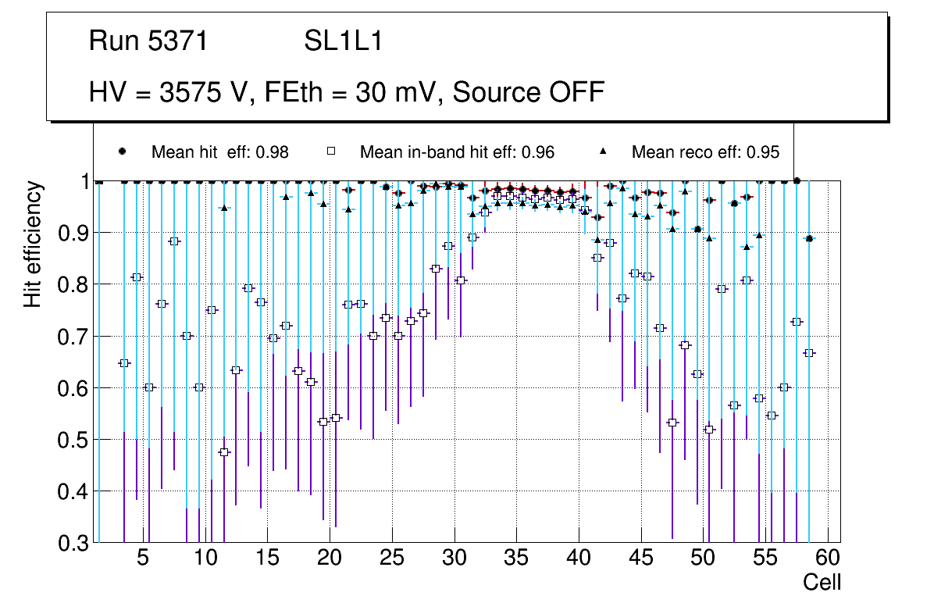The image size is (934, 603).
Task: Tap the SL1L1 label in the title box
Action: click(344, 41)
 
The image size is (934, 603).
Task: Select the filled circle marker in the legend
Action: click(122, 152)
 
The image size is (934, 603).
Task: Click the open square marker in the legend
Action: click(330, 152)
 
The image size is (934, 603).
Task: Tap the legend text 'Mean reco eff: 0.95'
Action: click(705, 152)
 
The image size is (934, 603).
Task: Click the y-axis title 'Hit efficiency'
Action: click(33, 244)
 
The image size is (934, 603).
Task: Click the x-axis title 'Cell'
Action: click(822, 582)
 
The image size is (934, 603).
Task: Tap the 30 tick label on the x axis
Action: click(454, 558)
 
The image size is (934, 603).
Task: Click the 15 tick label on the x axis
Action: click(267, 558)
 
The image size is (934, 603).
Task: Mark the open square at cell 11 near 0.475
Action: click(224, 452)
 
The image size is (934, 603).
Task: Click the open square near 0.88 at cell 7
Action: click(174, 241)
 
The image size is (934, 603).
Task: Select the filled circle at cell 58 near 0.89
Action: click(809, 238)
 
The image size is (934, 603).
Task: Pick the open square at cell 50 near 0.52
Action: click(709, 430)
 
